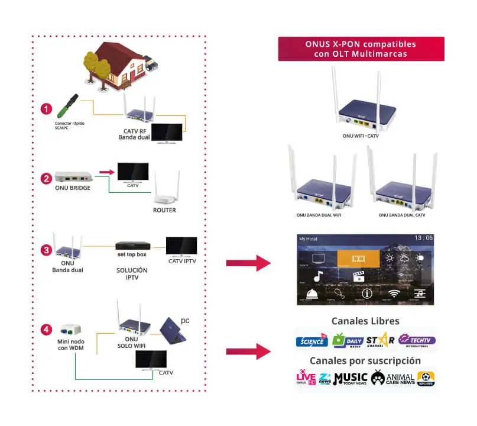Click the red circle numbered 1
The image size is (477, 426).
46,109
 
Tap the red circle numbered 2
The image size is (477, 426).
46,177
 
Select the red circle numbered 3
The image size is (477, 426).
46,250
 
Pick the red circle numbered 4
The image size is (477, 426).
46,329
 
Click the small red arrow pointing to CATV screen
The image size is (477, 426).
106,172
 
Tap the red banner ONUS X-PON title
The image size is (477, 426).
361,49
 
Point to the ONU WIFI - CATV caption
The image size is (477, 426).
361,136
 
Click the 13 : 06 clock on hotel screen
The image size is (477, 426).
423,238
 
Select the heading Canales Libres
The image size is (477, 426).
365,321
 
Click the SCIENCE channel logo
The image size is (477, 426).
311,341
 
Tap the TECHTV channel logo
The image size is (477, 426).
416,340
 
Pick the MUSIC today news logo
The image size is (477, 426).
350,379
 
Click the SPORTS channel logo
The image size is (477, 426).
426,379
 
